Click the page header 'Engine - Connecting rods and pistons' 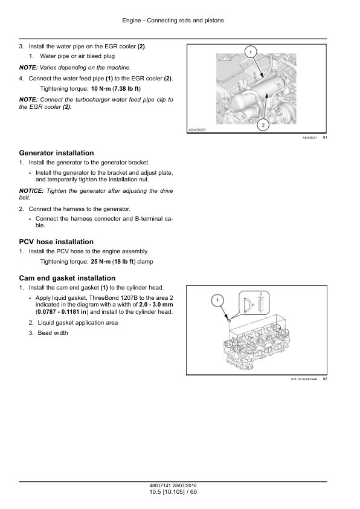(173, 21)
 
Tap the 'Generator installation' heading (56, 153)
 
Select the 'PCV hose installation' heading (56, 242)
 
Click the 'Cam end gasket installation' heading (67, 278)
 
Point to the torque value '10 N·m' (101, 89)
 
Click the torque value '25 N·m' (101, 262)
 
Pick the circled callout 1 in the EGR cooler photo (251, 51)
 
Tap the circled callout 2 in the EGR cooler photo (263, 125)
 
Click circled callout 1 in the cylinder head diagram (217, 300)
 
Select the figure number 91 (325, 138)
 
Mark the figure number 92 (325, 379)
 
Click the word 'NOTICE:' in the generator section (31, 191)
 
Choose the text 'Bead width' (53, 333)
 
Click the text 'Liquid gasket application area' (78, 323)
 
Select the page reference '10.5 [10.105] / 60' (173, 492)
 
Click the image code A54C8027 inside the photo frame (197, 130)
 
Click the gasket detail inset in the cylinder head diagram (254, 302)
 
